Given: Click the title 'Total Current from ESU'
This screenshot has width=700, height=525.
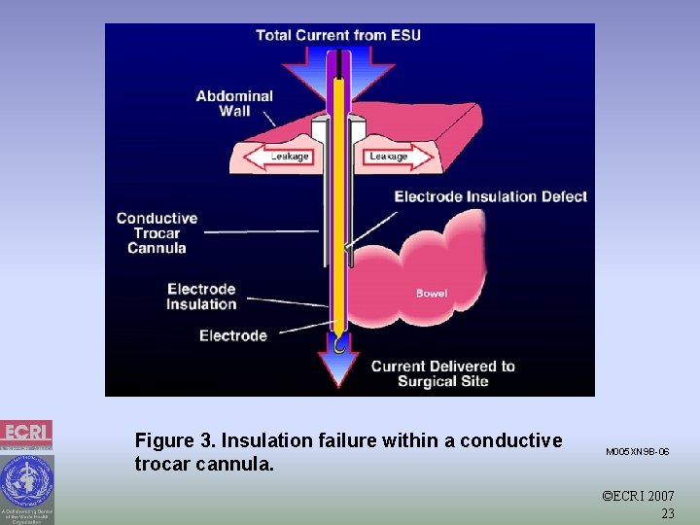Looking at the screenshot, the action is click(x=337, y=36).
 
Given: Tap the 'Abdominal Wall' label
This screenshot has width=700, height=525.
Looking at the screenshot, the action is click(x=234, y=103).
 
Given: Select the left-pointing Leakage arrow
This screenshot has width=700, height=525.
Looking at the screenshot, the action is click(x=281, y=156).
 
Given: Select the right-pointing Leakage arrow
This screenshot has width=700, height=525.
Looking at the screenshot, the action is click(x=397, y=156).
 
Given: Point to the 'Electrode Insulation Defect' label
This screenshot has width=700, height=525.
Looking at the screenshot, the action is click(x=490, y=196).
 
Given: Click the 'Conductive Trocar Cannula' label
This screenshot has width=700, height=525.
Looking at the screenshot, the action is click(x=157, y=232).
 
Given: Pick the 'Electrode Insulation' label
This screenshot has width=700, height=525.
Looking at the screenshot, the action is click(x=201, y=297).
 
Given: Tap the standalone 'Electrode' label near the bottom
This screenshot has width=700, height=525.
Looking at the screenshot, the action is click(x=233, y=335).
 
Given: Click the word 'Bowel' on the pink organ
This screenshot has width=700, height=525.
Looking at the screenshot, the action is click(x=432, y=293).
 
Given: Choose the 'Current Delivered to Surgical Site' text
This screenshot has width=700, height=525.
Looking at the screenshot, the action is click(x=442, y=373).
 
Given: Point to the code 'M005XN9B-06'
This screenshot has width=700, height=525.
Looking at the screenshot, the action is click(x=637, y=452).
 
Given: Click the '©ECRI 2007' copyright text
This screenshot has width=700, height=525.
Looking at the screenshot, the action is click(x=638, y=497).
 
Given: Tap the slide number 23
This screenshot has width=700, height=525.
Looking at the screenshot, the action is click(x=667, y=513).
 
